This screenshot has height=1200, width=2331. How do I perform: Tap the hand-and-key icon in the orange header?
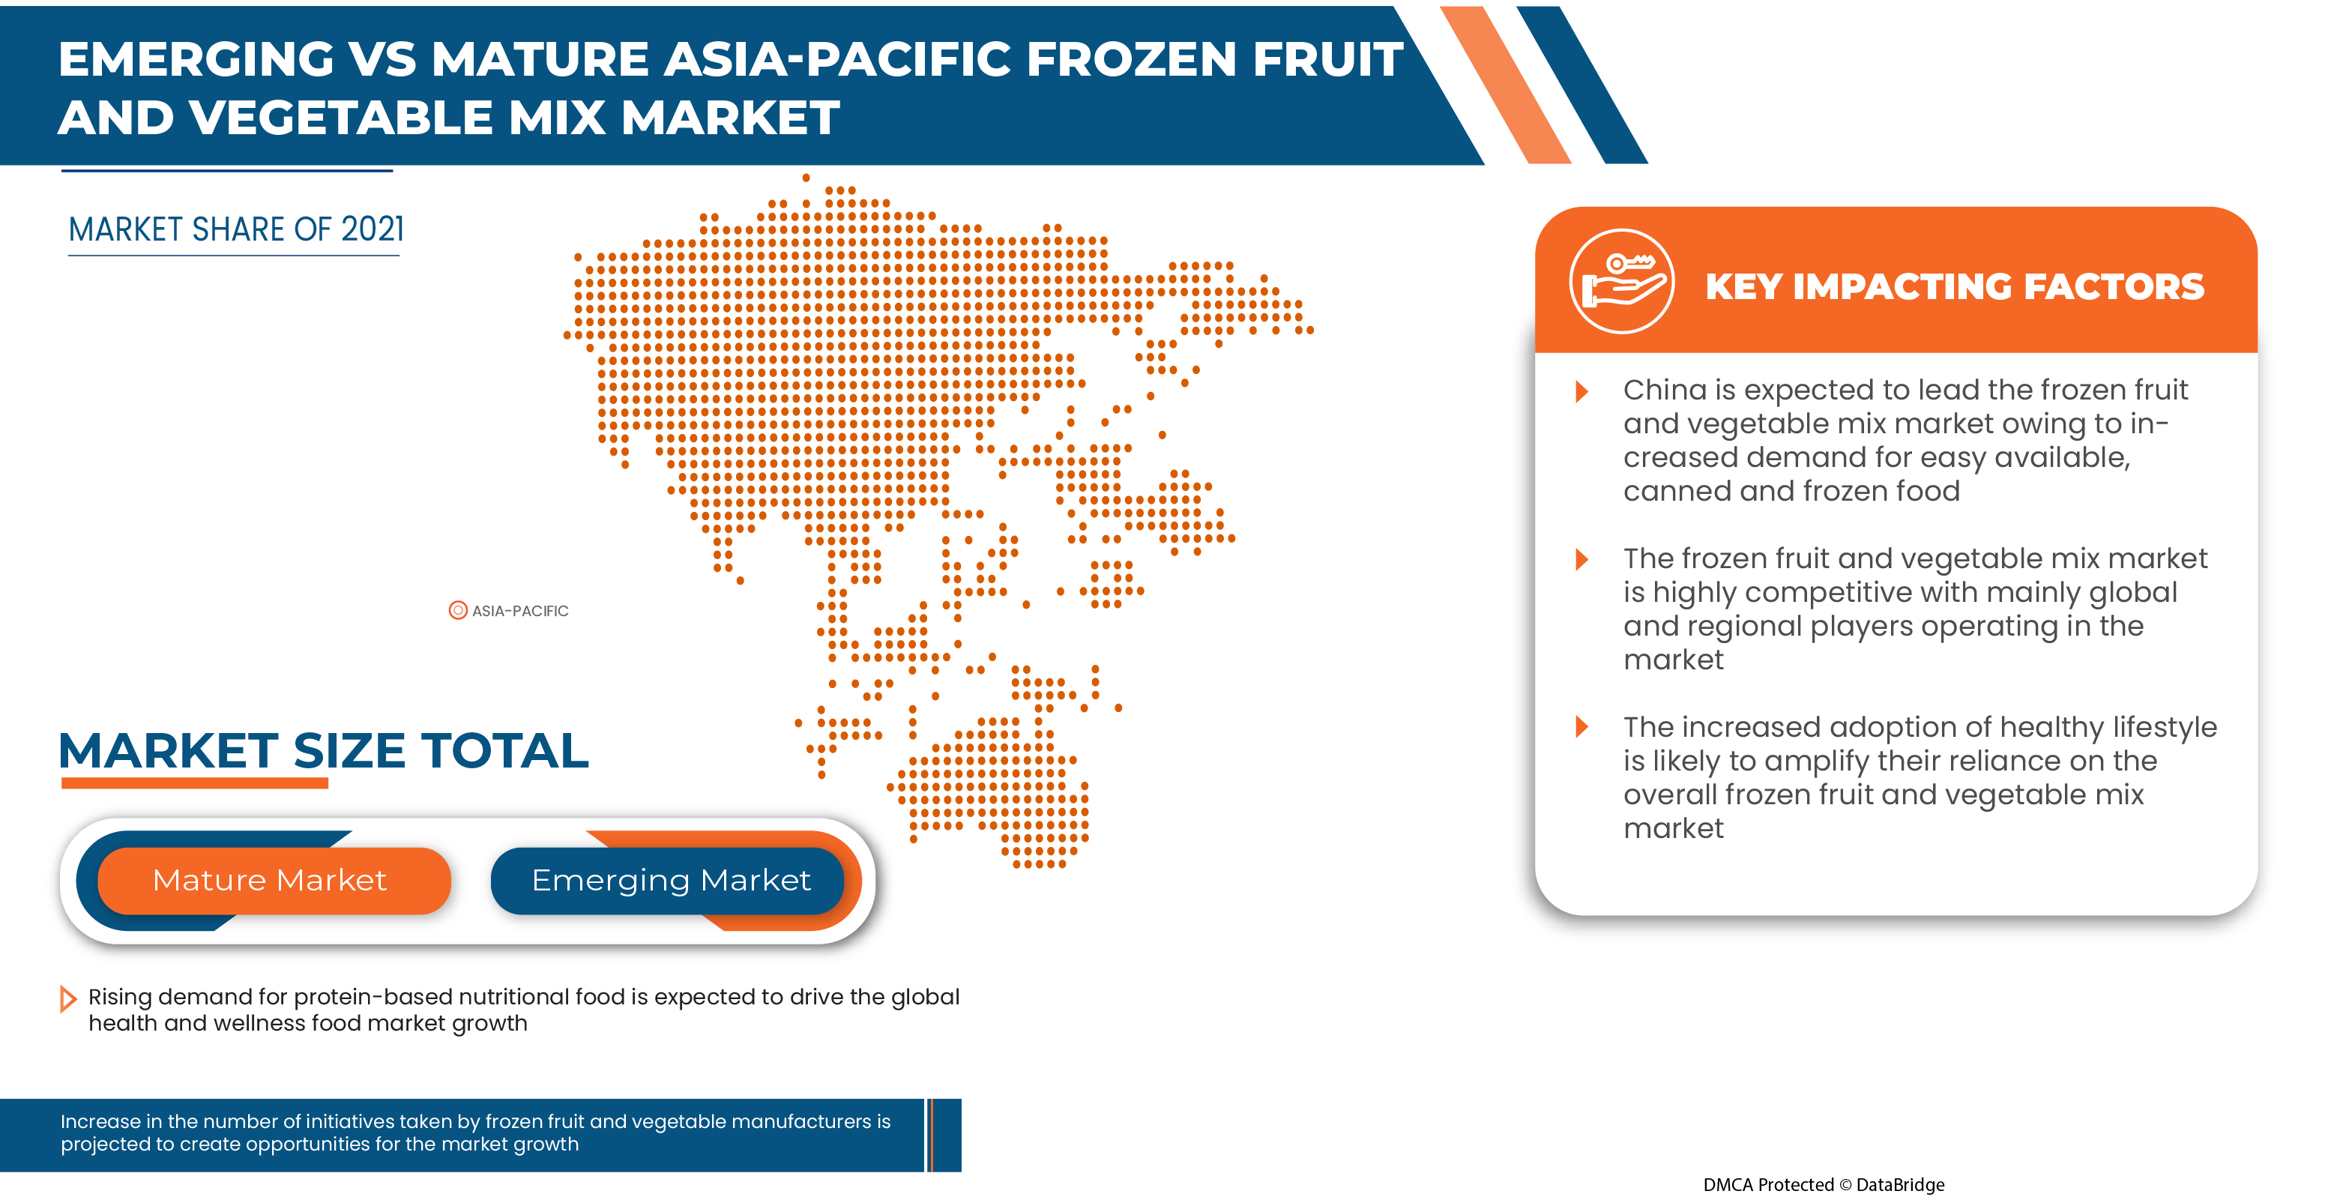1620,281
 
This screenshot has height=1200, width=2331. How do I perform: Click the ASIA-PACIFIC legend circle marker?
458,611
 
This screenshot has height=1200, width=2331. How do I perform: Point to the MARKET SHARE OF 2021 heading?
236,230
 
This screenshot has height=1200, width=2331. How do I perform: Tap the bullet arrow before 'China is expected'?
1581,392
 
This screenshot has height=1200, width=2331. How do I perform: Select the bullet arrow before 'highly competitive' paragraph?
1581,559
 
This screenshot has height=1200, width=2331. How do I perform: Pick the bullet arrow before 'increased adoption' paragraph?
1581,727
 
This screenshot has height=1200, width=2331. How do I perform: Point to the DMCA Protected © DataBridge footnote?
1824,1184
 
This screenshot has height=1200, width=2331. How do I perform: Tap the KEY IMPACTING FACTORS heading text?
1955,287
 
